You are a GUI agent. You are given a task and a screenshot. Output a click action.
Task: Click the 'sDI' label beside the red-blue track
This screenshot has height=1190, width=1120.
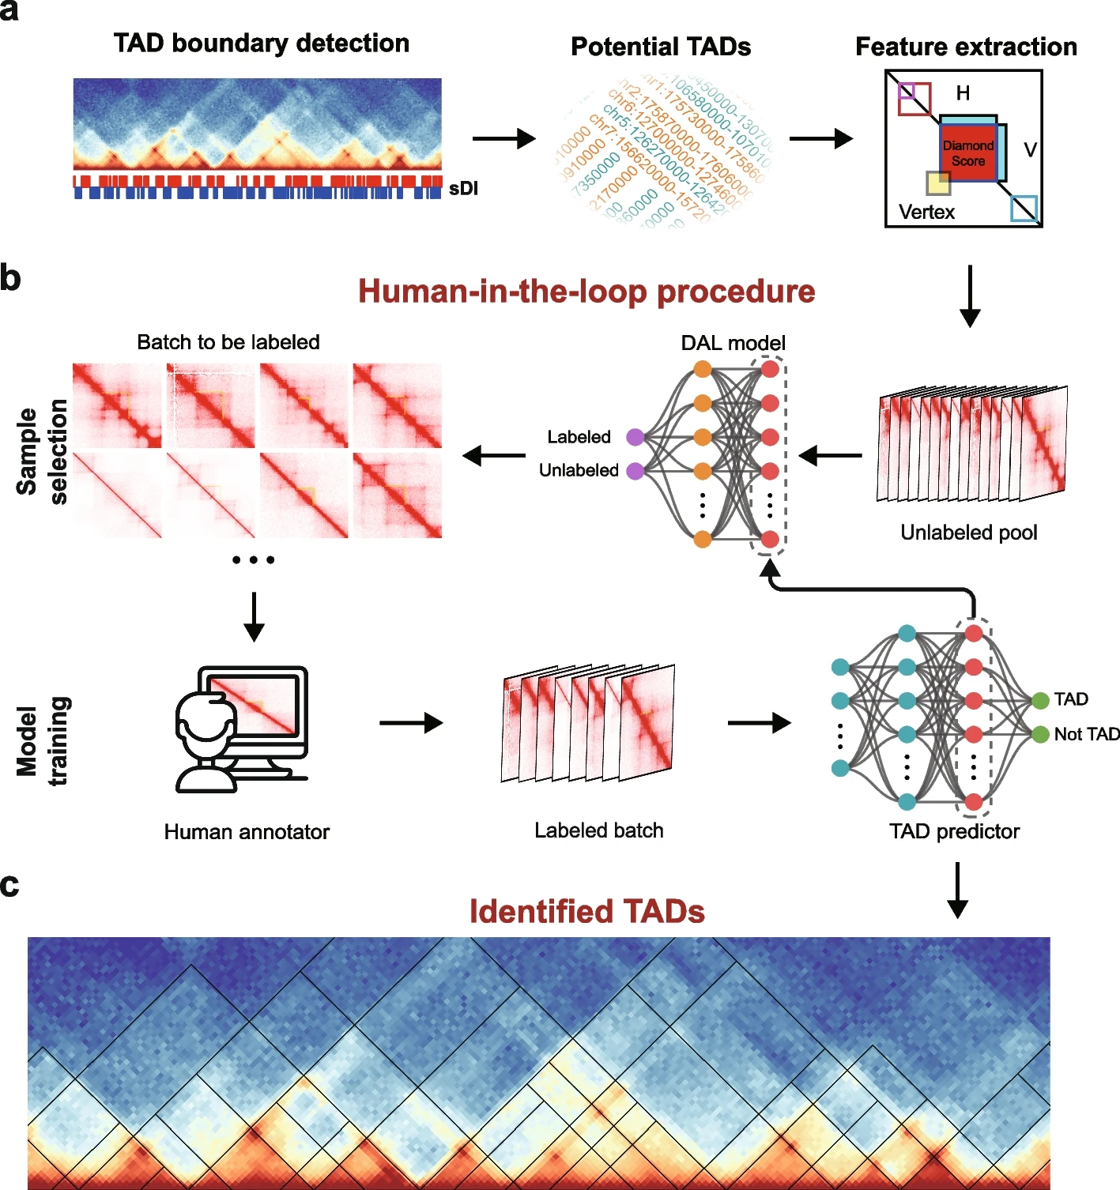463,189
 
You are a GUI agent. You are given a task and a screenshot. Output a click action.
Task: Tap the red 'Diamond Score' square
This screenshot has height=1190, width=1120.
967,153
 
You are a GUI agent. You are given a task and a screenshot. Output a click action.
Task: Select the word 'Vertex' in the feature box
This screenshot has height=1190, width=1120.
926,212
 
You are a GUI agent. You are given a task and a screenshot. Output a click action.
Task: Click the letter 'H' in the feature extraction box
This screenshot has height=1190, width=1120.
963,93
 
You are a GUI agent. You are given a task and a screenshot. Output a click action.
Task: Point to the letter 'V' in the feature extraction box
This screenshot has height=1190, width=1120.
1030,150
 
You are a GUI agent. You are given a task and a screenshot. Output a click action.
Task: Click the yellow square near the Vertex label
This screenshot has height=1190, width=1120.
938,183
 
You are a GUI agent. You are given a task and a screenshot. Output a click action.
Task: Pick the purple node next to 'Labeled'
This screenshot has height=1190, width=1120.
635,437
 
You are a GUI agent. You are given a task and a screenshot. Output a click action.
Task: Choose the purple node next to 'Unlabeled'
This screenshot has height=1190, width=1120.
635,471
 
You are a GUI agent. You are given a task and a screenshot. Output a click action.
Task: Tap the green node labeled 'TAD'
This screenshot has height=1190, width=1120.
1040,700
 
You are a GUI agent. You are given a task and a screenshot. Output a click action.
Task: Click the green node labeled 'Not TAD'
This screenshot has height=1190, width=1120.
1040,735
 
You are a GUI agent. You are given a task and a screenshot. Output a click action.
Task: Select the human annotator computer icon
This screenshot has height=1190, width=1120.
242,729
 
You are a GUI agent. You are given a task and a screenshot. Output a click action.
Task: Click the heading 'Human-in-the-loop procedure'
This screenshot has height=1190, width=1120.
586,292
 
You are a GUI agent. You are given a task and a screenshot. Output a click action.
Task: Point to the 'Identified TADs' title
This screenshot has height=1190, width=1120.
586,912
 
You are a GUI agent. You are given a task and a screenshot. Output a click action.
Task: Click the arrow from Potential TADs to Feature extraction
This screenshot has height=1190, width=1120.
820,139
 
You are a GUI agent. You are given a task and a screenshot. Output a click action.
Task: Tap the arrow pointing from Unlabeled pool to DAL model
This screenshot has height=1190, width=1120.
830,456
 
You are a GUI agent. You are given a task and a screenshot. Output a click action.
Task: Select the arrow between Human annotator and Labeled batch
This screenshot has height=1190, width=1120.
411,722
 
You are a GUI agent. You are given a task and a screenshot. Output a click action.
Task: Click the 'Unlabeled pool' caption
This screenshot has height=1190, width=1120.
968,533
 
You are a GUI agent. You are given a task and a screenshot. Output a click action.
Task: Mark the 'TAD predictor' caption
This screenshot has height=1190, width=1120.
954,831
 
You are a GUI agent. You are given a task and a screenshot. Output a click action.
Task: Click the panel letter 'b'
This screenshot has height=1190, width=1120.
10,278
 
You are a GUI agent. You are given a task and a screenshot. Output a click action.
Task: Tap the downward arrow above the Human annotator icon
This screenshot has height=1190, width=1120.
254,616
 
